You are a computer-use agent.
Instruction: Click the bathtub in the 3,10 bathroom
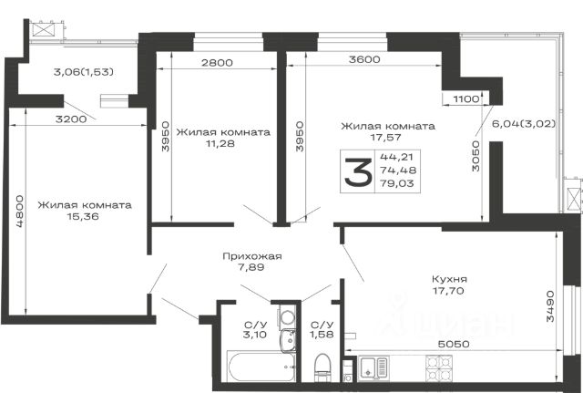[x=261, y=367]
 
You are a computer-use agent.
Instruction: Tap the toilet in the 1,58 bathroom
[x=322, y=367]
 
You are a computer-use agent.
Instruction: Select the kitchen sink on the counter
[x=373, y=368]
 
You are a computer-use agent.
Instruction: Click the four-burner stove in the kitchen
[x=439, y=368]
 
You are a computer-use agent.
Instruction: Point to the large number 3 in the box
[x=358, y=171]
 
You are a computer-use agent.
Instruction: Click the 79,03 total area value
[x=397, y=183]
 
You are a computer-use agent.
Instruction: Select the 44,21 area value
[x=396, y=157]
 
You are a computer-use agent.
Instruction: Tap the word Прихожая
[x=252, y=256]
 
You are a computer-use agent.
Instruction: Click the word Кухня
[x=449, y=279]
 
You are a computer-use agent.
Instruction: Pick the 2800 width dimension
[x=217, y=63]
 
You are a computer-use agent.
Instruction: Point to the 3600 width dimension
[x=364, y=59]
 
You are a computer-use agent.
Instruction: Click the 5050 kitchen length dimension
[x=454, y=344]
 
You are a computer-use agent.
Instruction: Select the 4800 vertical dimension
[x=19, y=211]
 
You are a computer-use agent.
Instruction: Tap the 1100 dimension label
[x=466, y=99]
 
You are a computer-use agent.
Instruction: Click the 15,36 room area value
[x=83, y=216]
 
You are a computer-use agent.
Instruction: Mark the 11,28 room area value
[x=220, y=143]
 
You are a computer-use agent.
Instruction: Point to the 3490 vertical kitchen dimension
[x=550, y=306]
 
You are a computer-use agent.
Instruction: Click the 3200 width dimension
[x=71, y=119]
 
